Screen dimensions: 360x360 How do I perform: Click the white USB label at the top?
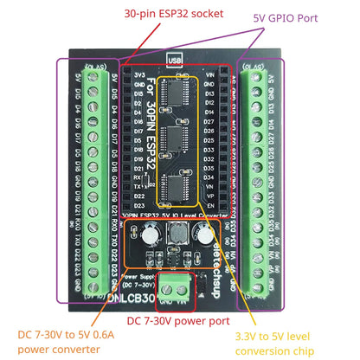point(176,61)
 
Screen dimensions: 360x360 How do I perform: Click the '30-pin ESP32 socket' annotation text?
point(173,14)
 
